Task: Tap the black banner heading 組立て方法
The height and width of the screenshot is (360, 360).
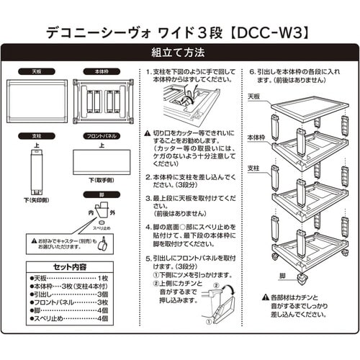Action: pyautogui.click(x=180, y=53)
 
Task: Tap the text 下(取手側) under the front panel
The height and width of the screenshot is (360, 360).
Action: pyautogui.click(x=103, y=179)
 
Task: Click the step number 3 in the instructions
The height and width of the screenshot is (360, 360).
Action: pyautogui.click(x=147, y=197)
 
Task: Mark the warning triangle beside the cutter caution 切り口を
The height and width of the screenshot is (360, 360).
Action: pyautogui.click(x=148, y=133)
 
